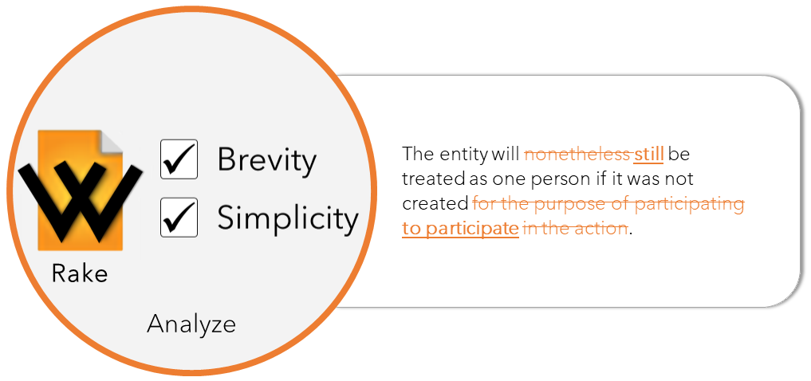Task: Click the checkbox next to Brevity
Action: pyautogui.click(x=179, y=159)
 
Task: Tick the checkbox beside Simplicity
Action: pyautogui.click(x=179, y=218)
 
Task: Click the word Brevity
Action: pyautogui.click(x=266, y=159)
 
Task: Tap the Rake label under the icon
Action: pyautogui.click(x=80, y=273)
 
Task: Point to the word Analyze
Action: pyautogui.click(x=191, y=324)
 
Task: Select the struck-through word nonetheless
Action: pyautogui.click(x=577, y=154)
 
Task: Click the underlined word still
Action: pyautogui.click(x=648, y=154)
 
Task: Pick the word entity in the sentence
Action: pyautogui.click(x=463, y=155)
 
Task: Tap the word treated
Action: pyautogui.click(x=434, y=179)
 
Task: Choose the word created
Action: pyautogui.click(x=435, y=204)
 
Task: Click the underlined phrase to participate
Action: pyautogui.click(x=460, y=230)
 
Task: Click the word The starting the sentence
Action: pyautogui.click(x=418, y=154)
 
